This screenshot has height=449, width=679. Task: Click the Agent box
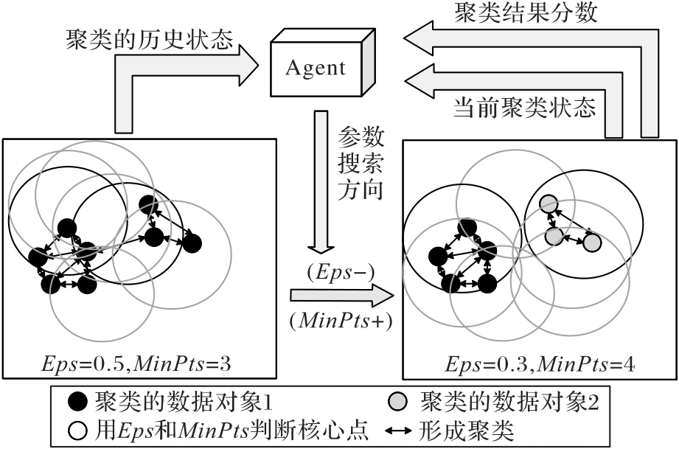(x=315, y=69)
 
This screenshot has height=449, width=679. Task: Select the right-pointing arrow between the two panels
(x=340, y=297)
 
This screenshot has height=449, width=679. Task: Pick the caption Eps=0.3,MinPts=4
(x=540, y=363)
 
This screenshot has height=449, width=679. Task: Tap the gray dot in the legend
(x=399, y=402)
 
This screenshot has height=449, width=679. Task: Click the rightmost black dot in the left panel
(x=192, y=242)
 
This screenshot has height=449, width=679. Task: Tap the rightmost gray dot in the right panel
(x=593, y=242)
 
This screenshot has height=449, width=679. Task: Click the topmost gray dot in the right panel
(x=548, y=203)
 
